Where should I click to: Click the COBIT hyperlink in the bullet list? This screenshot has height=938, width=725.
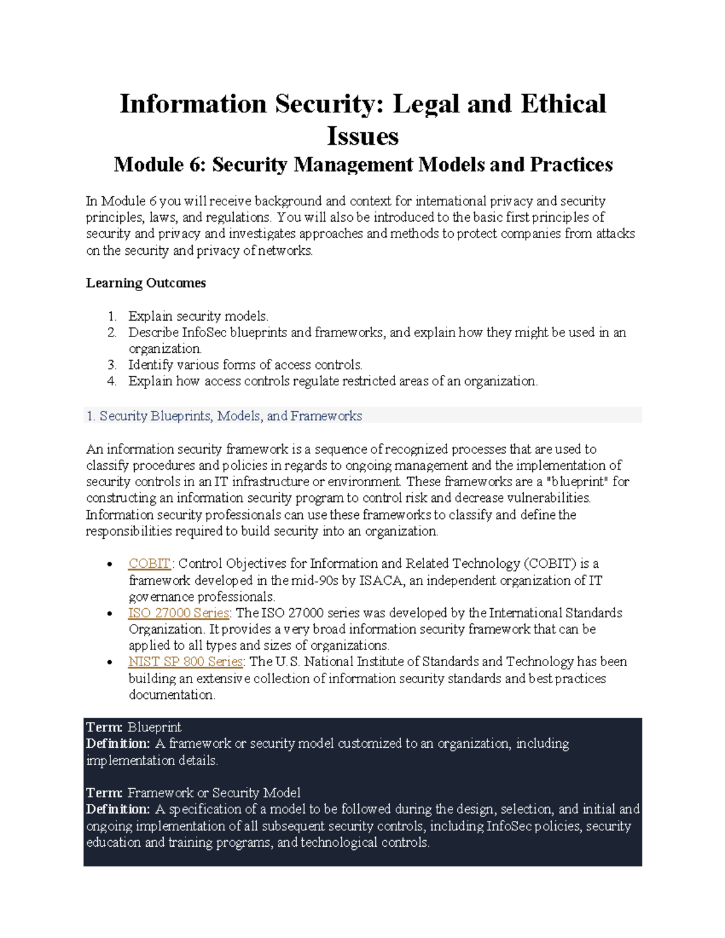click(149, 564)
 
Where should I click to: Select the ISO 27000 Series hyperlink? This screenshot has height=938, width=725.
click(178, 613)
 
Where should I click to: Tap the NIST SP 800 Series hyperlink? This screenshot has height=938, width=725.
click(185, 662)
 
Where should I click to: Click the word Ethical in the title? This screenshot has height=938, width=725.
click(563, 104)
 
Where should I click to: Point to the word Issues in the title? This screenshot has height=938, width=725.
click(362, 136)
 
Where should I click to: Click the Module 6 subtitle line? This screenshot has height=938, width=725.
click(363, 165)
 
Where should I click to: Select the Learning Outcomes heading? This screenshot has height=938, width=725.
click(146, 283)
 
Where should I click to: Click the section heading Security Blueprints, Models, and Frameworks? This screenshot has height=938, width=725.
click(230, 416)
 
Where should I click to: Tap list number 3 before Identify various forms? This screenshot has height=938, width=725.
click(112, 365)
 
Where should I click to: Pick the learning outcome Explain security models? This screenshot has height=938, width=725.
click(198, 316)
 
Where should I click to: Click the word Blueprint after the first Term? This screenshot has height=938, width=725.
click(155, 727)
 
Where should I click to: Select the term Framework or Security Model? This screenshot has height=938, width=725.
click(214, 793)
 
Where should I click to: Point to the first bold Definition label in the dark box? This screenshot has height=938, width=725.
click(118, 744)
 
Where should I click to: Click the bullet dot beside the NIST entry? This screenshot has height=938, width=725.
click(109, 663)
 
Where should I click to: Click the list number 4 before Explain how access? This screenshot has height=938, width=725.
click(112, 381)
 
